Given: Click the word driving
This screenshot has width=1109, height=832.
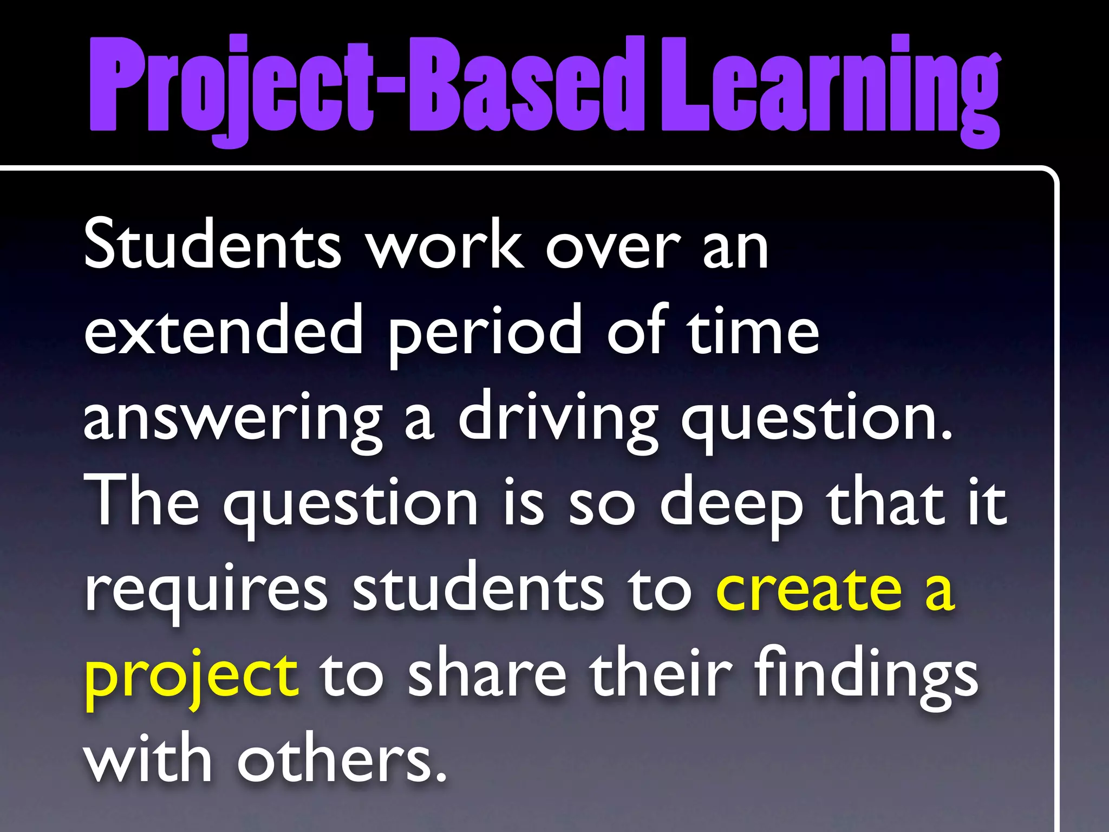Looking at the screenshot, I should pyautogui.click(x=558, y=420).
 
